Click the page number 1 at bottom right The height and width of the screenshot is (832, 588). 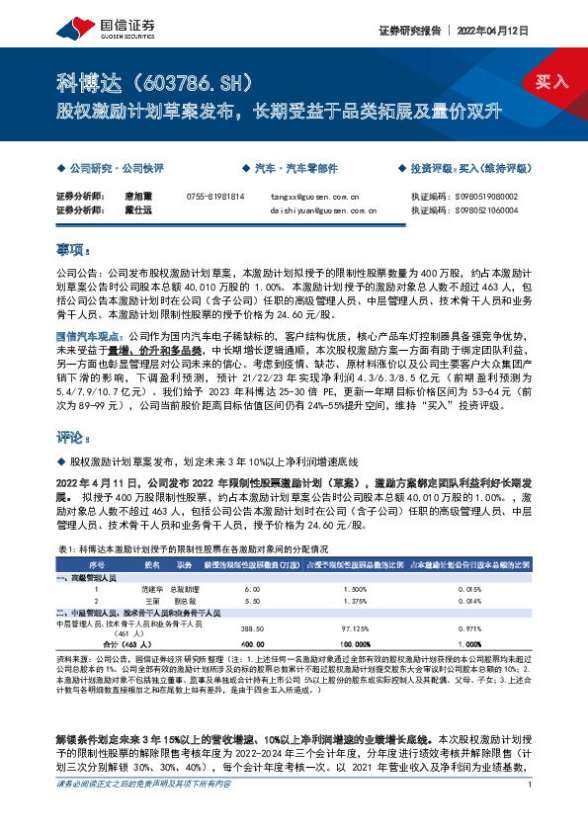[x=531, y=813]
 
